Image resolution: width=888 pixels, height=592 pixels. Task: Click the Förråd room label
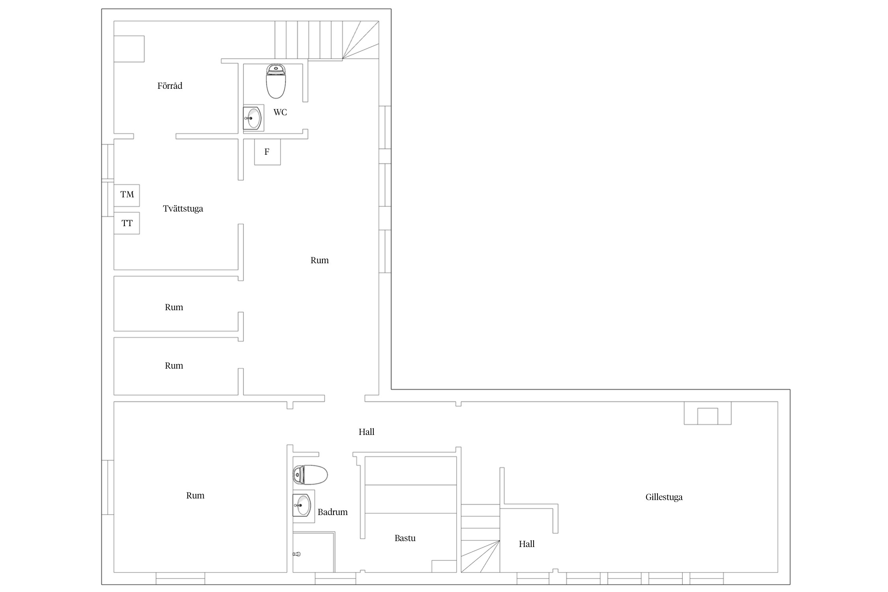pos(170,86)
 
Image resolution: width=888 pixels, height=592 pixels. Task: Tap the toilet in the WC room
pos(276,81)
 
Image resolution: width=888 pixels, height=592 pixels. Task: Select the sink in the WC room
pos(253,118)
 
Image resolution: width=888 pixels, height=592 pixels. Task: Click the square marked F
pos(267,152)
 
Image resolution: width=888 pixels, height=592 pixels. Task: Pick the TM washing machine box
pos(127,195)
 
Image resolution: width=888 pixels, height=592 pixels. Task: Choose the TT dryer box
pos(127,223)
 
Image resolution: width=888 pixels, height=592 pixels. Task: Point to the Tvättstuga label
pos(183,208)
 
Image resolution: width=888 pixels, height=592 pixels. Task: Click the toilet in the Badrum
pos(310,474)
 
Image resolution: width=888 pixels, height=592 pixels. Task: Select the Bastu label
pos(405,538)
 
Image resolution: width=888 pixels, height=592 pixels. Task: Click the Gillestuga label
pos(664,497)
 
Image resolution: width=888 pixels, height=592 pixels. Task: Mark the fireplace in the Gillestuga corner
pos(708,413)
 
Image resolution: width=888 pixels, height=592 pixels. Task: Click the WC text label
pos(280,112)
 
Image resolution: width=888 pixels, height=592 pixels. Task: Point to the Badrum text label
pos(333,512)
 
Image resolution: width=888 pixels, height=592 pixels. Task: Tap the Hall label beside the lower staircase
pos(526,544)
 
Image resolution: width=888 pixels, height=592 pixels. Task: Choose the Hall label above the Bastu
pos(366,432)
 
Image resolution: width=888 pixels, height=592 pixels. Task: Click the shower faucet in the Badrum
pos(297,554)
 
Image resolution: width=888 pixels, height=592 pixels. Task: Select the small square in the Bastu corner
pos(444,566)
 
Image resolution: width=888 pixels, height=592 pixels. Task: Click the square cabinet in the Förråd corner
pos(129,49)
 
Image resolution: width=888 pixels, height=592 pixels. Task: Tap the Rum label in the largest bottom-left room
pos(195,495)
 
